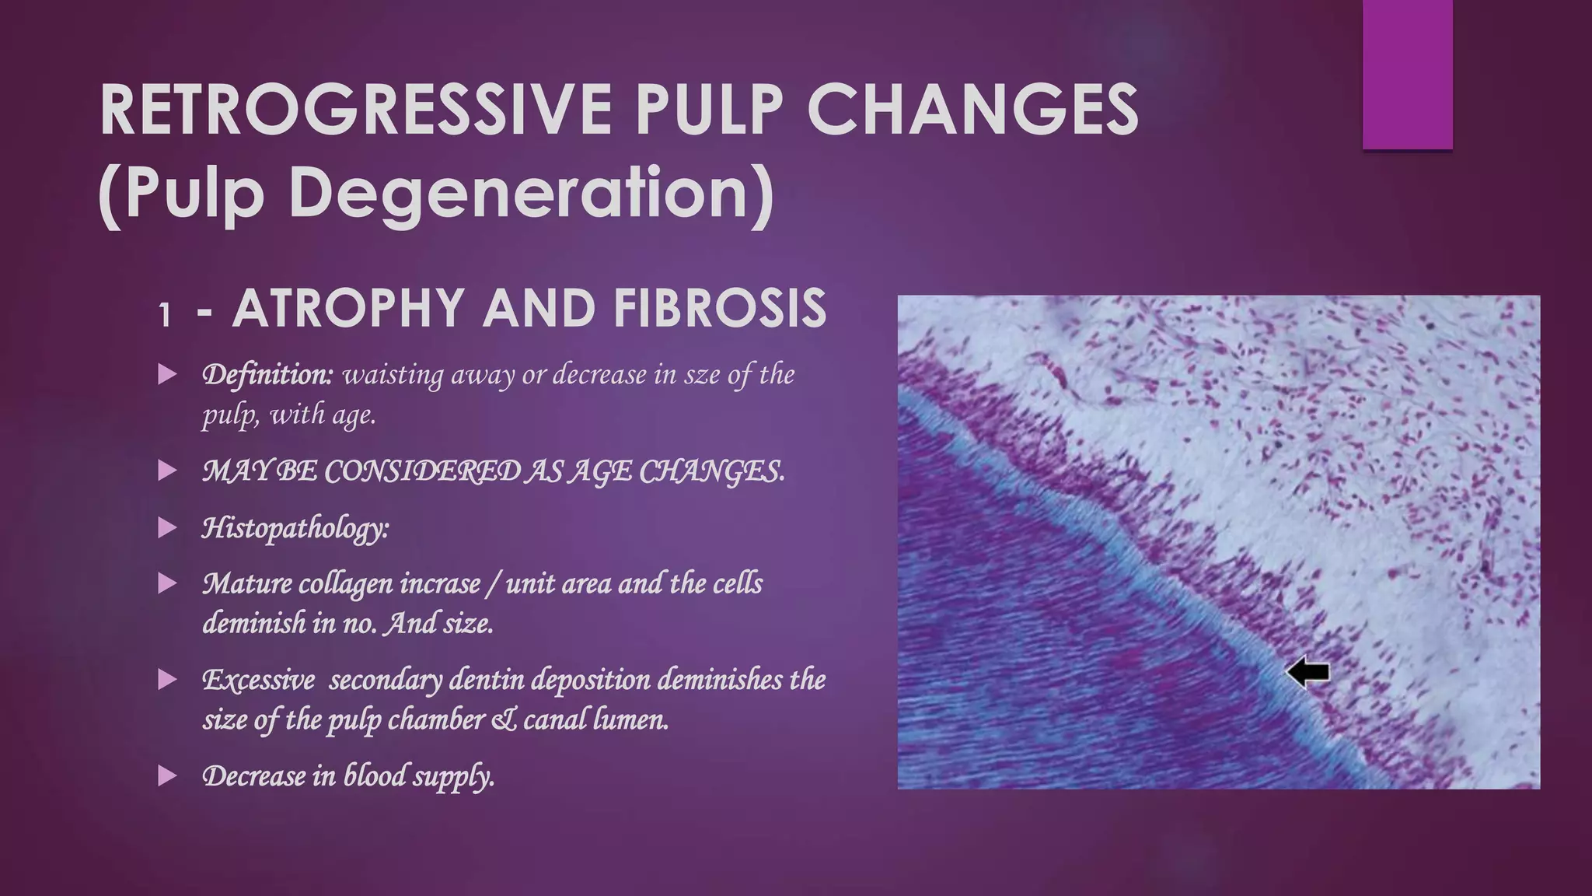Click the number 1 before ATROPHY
pyautogui.click(x=164, y=315)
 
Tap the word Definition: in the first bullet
pyautogui.click(x=267, y=375)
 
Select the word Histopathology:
pyautogui.click(x=295, y=529)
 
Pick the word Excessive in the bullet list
pyautogui.click(x=259, y=680)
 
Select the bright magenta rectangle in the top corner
pyautogui.click(x=1407, y=75)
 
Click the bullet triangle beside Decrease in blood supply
pyautogui.click(x=167, y=775)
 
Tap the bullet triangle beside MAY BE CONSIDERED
pyautogui.click(x=167, y=471)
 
